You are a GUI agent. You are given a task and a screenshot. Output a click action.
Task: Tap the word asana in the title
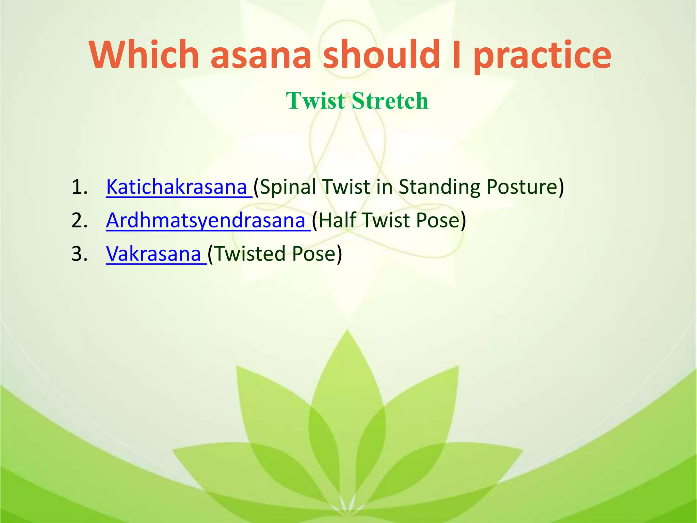tap(261, 54)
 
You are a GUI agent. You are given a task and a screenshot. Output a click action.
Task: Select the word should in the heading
tap(381, 54)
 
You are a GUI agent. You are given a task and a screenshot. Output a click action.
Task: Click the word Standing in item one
tap(439, 187)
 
